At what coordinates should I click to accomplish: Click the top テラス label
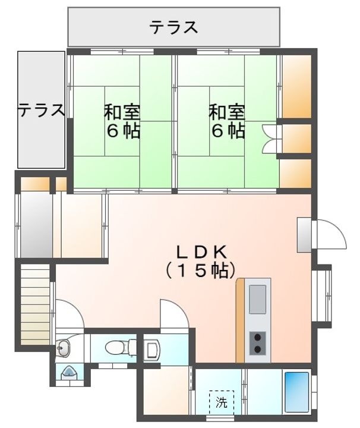click(173, 27)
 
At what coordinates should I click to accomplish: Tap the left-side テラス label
click(40, 111)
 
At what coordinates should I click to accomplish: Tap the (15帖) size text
click(197, 270)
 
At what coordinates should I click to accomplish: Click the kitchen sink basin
click(258, 299)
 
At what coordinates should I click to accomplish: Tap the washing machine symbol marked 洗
click(221, 402)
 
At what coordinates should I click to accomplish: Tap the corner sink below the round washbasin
click(68, 373)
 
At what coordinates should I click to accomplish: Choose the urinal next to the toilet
click(151, 349)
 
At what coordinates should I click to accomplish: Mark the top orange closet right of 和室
click(296, 87)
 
